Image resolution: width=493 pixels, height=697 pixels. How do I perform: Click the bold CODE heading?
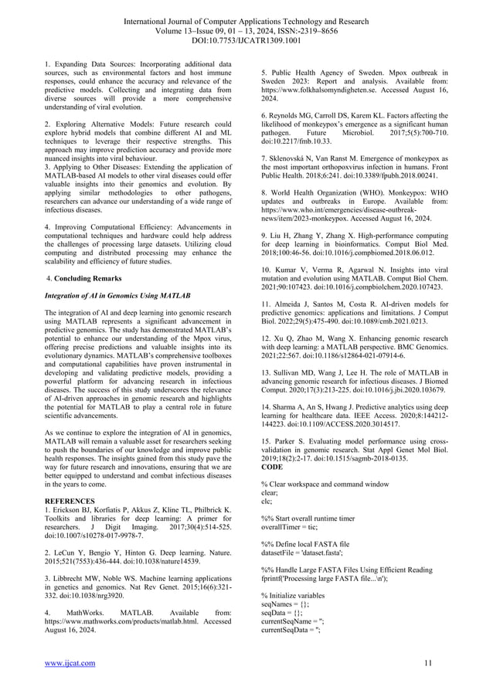(x=272, y=467)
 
